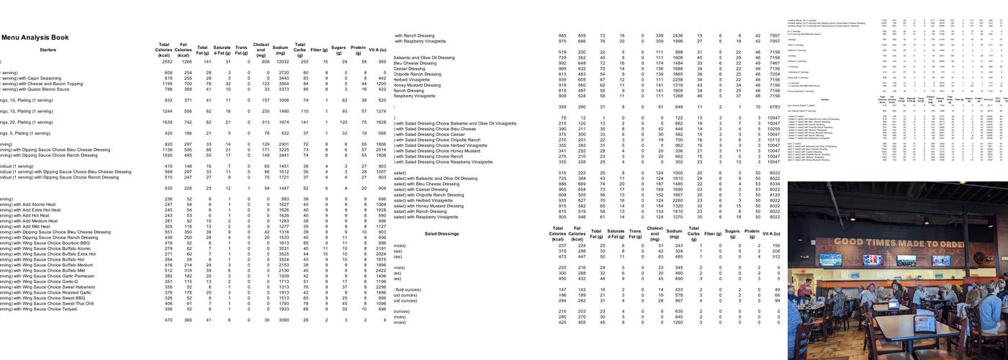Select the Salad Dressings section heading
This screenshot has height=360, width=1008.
pos(441,234)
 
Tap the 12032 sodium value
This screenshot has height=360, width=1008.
pos(281,62)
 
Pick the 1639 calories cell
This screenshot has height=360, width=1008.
pos(163,122)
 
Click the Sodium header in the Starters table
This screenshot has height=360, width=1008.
pos(281,50)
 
